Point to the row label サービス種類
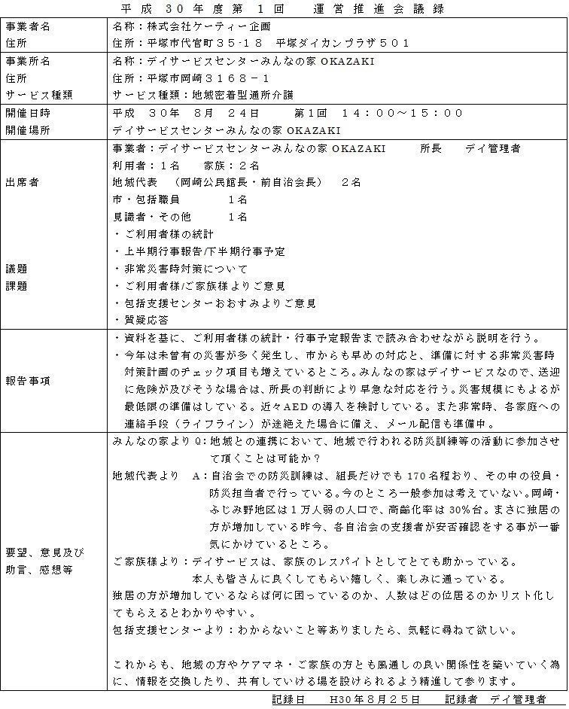coord(38,96)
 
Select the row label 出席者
coord(23,182)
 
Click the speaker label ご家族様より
coord(148,562)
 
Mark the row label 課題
coord(17,286)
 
